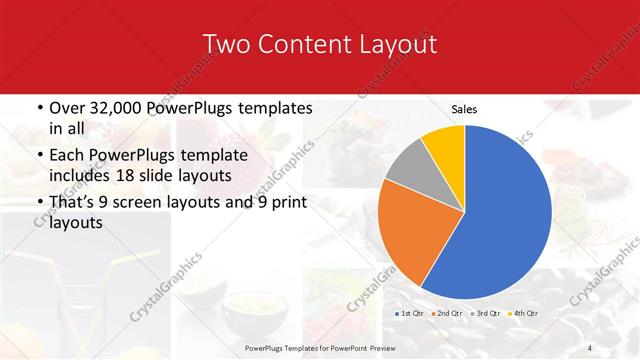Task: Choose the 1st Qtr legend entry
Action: pos(411,314)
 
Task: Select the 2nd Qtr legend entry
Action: pos(445,314)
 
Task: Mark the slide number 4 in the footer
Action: pos(590,347)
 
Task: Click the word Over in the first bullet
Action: pos(68,108)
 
